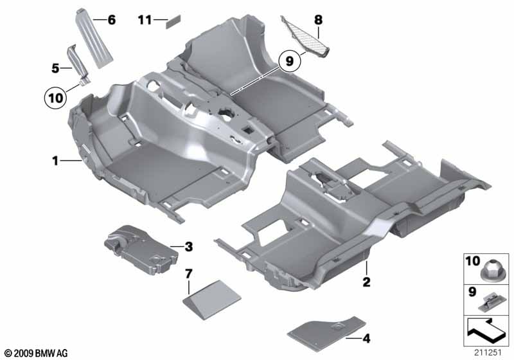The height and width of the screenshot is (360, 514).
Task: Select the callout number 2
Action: (366, 282)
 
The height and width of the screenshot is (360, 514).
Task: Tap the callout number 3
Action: (188, 246)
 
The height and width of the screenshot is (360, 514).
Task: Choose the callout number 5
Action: (56, 66)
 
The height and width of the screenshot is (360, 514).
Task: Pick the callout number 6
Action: (111, 21)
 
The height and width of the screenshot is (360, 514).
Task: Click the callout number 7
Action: (188, 274)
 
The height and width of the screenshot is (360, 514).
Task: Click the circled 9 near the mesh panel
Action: (290, 61)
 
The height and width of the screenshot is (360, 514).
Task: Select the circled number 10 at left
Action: (56, 98)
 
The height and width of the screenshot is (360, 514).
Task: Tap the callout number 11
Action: (145, 21)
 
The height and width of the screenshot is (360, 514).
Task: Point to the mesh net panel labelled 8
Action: (305, 40)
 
